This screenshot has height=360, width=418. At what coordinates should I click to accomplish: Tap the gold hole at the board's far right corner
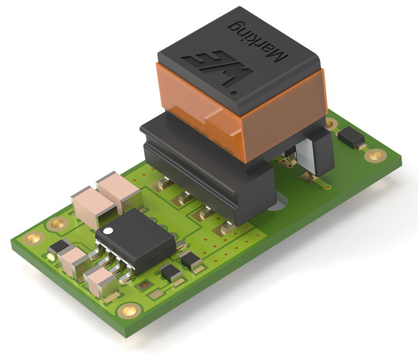374,155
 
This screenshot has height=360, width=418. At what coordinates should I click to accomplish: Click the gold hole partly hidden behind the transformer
331,124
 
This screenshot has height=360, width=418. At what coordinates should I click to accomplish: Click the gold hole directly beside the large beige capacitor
55,225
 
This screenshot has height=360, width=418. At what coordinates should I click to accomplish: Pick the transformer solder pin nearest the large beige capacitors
162,183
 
